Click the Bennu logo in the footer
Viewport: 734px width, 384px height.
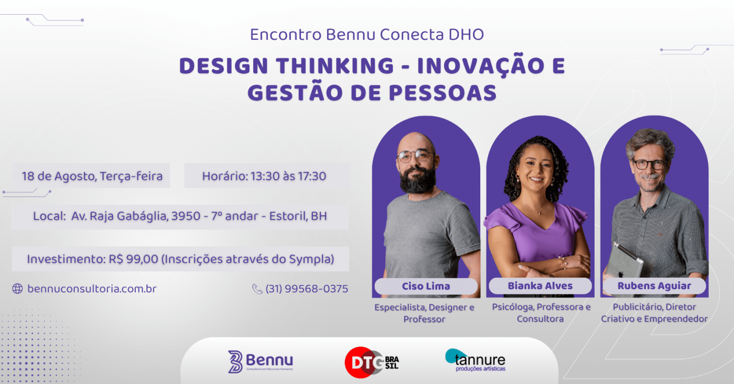[x=261, y=361]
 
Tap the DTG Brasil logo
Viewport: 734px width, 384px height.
[x=372, y=363]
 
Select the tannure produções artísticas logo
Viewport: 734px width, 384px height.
[x=475, y=360]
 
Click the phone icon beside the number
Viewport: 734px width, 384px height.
[x=257, y=289]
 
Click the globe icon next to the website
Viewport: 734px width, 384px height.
[x=17, y=289]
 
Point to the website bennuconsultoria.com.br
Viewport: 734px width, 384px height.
[x=92, y=289]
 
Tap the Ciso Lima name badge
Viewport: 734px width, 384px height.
[x=426, y=286]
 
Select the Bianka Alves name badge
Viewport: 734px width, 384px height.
[x=540, y=286]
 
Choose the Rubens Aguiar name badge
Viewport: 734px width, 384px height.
[x=654, y=286]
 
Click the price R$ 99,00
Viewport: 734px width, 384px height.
[x=133, y=259]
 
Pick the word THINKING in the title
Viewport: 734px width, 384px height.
[x=334, y=65]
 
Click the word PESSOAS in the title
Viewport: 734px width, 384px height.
[x=442, y=93]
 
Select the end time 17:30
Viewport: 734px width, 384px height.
[x=312, y=176]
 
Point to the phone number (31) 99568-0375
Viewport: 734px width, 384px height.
[x=307, y=289]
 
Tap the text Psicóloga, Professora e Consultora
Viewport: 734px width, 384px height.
[x=541, y=313]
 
